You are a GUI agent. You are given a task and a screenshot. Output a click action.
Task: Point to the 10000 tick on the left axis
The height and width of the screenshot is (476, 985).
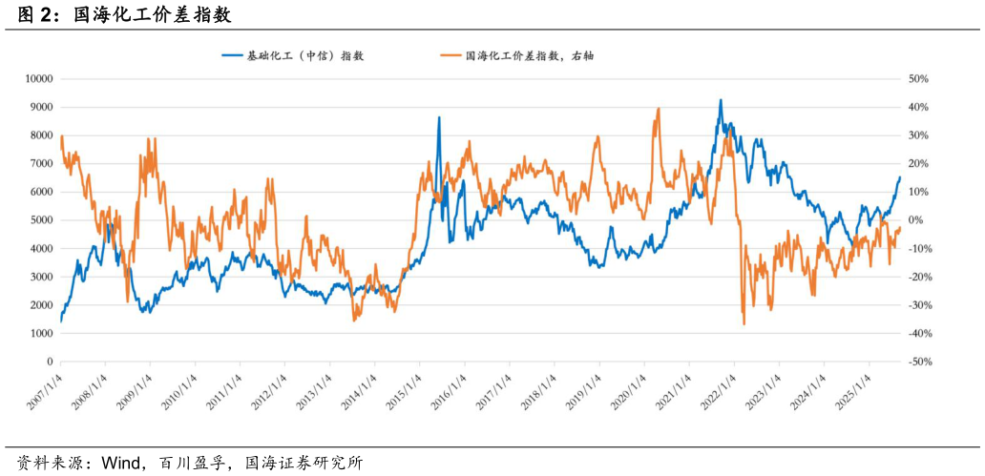click(x=39, y=79)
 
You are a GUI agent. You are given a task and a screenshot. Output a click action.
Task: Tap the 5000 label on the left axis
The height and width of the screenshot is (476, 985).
click(x=42, y=220)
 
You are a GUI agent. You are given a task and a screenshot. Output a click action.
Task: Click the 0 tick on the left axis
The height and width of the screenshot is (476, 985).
click(x=50, y=362)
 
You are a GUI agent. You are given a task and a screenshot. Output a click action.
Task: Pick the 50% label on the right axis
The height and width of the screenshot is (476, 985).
click(x=918, y=79)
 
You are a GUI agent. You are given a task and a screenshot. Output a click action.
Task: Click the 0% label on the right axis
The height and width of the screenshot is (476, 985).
click(x=916, y=220)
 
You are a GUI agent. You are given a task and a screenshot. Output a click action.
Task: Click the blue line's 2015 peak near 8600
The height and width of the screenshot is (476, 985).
click(x=439, y=117)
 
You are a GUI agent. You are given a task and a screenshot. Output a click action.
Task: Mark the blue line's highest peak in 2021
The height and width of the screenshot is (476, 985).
click(x=721, y=99)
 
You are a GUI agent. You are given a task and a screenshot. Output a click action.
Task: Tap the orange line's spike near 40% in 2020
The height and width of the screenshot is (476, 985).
click(x=659, y=109)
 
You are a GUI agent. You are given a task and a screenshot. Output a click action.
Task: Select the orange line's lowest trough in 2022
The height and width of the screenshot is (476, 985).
click(x=744, y=324)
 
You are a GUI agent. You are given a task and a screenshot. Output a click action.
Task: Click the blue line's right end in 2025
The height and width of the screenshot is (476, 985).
click(x=899, y=176)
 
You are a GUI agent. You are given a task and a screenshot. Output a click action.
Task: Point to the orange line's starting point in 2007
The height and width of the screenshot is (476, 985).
click(x=61, y=138)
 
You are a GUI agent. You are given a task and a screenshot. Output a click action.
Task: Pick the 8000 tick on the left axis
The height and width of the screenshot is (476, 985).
click(x=42, y=135)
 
